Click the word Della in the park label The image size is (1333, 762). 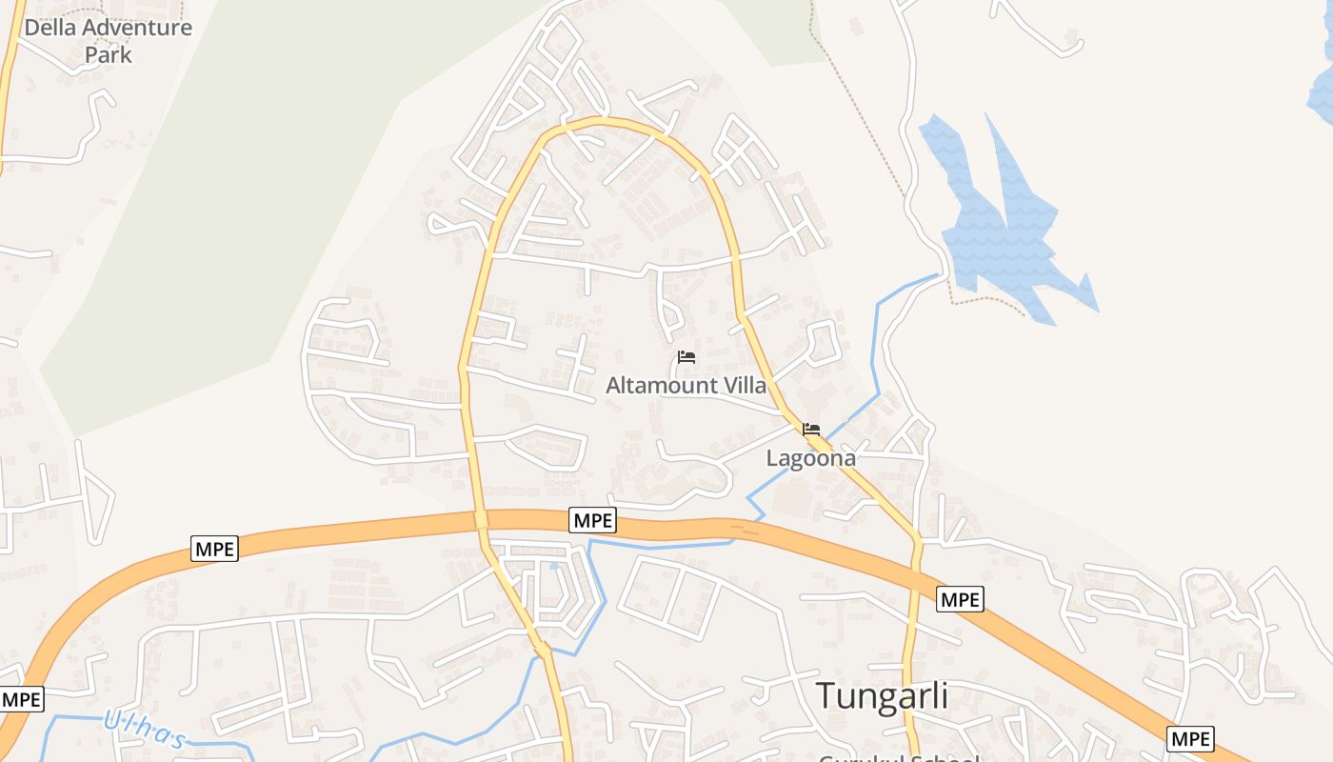(x=50, y=28)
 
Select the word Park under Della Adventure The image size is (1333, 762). (x=108, y=55)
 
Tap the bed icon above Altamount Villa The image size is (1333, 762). (x=686, y=358)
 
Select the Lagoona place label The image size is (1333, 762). (x=810, y=458)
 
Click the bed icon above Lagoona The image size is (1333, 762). (x=811, y=430)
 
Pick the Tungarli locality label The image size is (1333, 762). (x=882, y=696)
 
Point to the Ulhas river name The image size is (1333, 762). (x=143, y=728)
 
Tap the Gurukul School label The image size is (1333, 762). (x=899, y=758)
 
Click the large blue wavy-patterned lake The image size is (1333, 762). (x=1000, y=229)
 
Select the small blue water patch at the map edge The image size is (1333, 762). (x=1322, y=90)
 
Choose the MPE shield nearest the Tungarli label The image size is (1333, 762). (x=960, y=599)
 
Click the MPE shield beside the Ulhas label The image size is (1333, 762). (x=21, y=699)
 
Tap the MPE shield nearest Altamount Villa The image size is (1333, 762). (x=593, y=520)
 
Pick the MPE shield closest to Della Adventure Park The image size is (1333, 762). (x=214, y=548)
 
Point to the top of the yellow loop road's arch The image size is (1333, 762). (x=600, y=121)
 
